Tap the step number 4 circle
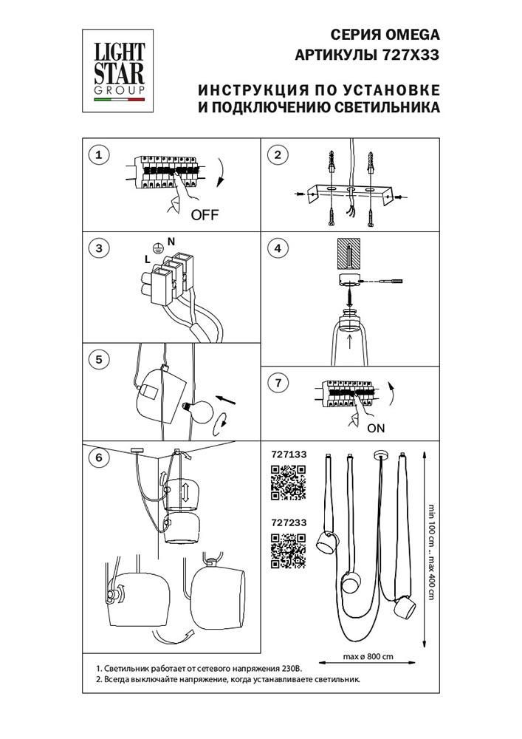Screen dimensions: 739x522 click(277, 248)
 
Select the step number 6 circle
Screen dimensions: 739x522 click(98, 457)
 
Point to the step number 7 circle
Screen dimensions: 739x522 click(277, 383)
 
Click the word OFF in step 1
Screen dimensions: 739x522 click(205, 216)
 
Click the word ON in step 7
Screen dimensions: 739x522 click(376, 427)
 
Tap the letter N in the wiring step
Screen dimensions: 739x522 click(171, 242)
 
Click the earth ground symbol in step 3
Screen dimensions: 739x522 click(156, 248)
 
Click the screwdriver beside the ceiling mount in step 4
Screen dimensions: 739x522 click(389, 282)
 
